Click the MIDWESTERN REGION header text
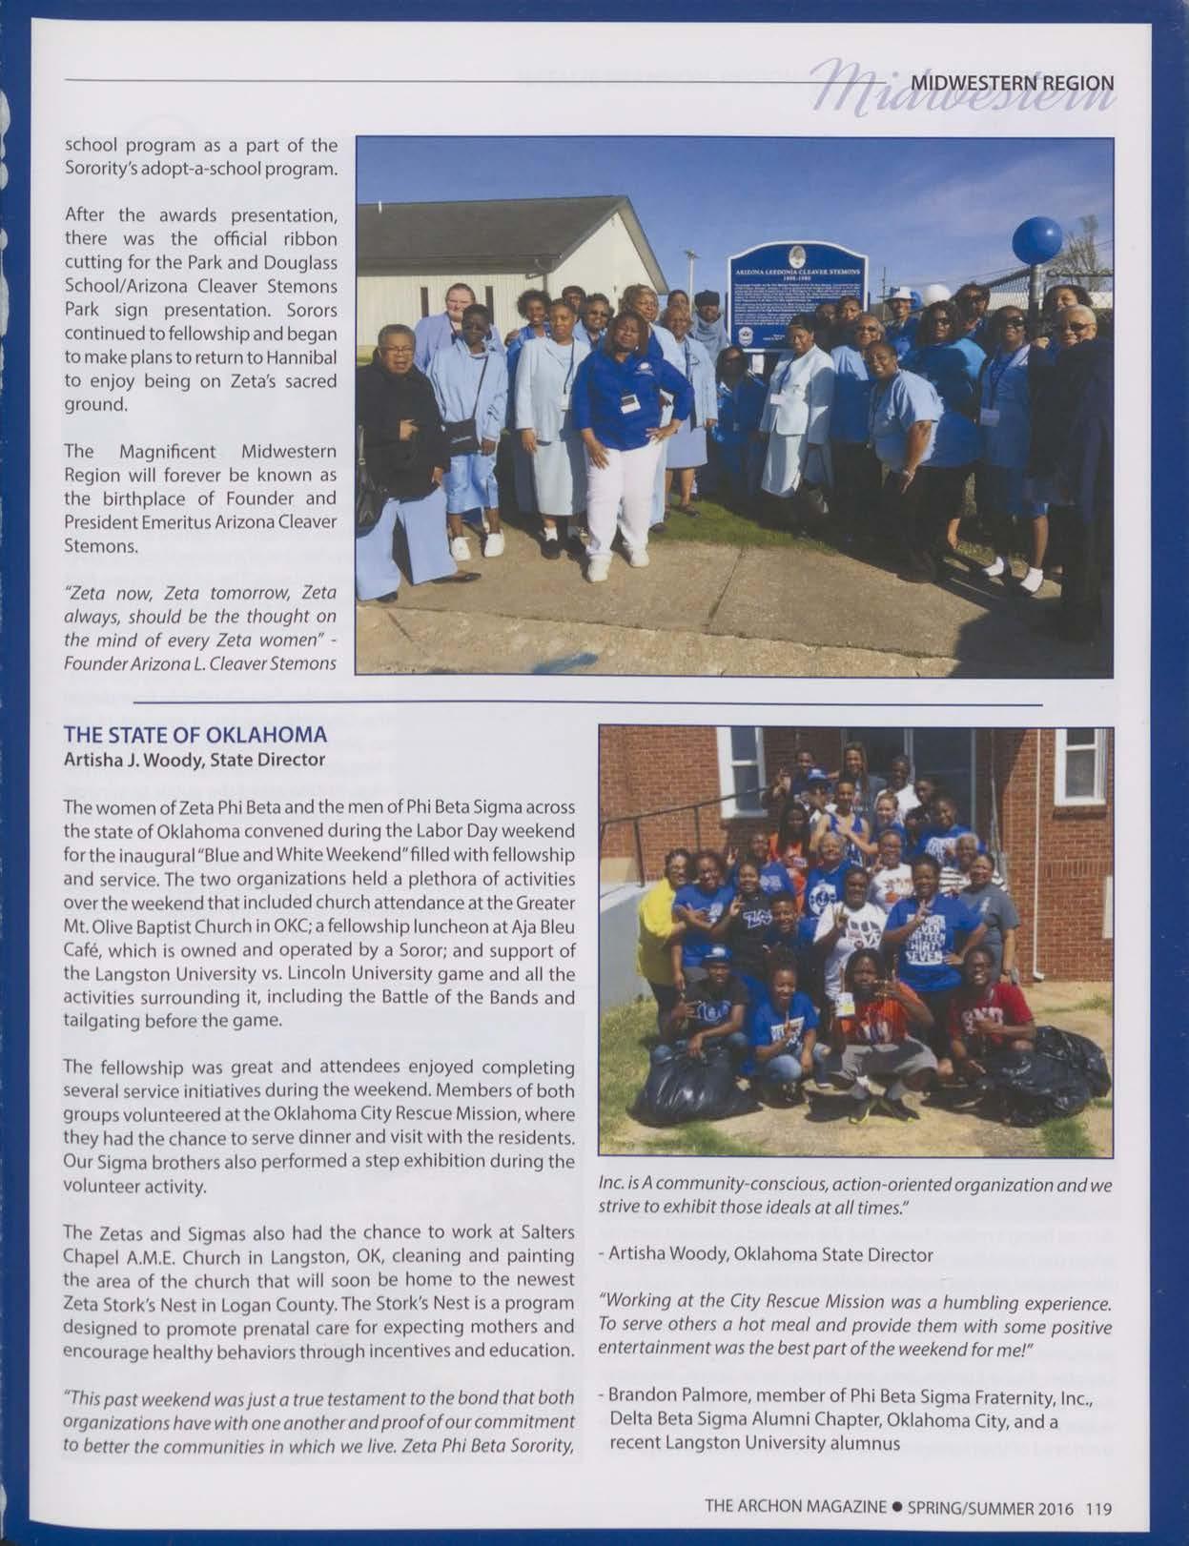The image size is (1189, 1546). click(1012, 82)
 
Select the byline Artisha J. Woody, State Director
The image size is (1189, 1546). click(195, 760)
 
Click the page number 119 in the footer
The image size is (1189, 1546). click(1098, 1509)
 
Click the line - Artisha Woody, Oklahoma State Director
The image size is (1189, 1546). click(765, 1255)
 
